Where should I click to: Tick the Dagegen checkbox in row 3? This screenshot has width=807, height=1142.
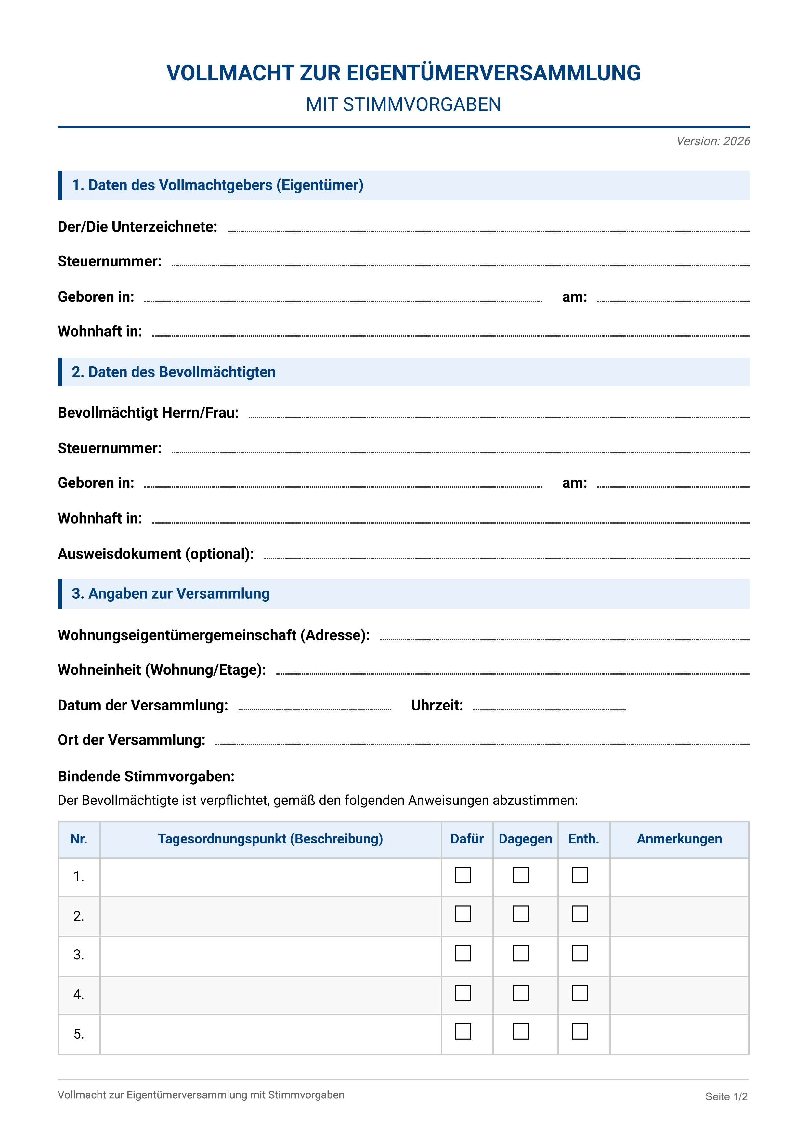[521, 953]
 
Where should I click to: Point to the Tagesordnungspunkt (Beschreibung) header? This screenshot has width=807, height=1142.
[270, 839]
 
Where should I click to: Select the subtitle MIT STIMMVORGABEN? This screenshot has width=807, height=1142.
[403, 104]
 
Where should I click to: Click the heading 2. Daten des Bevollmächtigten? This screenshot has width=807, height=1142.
[174, 372]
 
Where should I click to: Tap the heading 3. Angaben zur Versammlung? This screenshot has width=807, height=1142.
[171, 593]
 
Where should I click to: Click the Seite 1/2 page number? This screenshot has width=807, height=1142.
[726, 1097]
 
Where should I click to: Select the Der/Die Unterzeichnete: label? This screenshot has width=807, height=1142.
[137, 227]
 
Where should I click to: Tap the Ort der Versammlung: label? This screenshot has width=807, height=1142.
[131, 740]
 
